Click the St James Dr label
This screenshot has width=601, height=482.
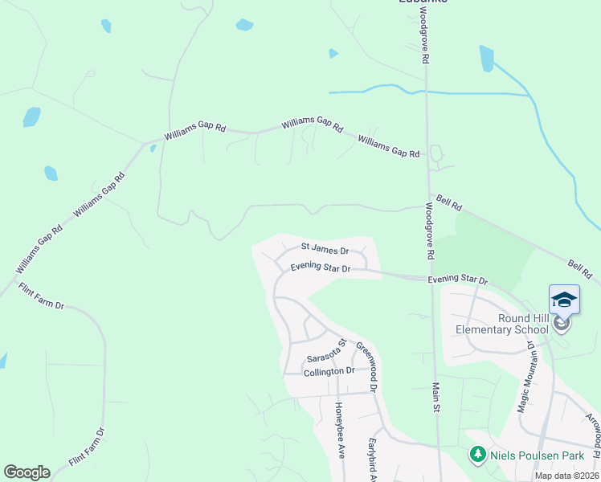(x=325, y=249)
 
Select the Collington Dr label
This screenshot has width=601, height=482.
(x=329, y=371)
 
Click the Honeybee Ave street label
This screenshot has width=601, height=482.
(x=339, y=430)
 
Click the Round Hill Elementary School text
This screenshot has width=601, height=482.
(x=502, y=323)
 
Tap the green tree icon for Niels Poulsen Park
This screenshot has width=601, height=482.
(x=477, y=455)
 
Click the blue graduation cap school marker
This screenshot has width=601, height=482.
(x=563, y=300)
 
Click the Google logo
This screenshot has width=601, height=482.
(x=27, y=472)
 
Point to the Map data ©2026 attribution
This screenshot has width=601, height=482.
(x=566, y=476)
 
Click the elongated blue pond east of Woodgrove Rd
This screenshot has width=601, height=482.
(x=486, y=59)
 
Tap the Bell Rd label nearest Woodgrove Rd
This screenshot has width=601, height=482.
(x=449, y=202)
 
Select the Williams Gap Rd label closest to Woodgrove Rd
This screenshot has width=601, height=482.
(x=388, y=147)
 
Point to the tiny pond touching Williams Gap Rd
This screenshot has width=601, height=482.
(x=153, y=148)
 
